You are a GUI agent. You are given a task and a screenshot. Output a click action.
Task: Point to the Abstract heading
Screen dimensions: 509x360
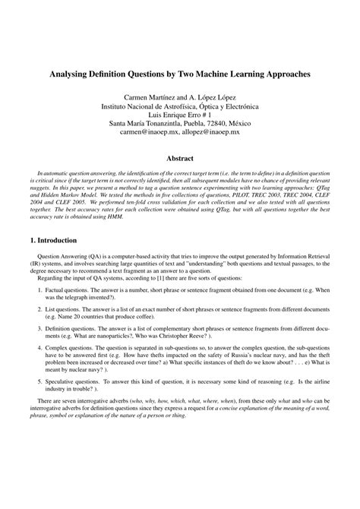coord(180,159)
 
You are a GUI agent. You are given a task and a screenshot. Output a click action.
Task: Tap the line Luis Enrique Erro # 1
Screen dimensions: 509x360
coord(180,109)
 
